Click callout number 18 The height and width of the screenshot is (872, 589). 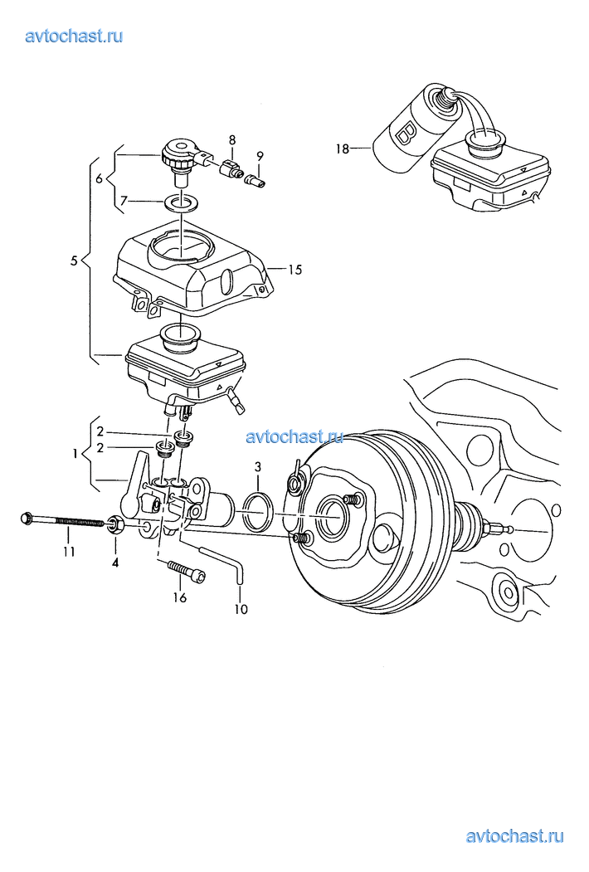(x=343, y=149)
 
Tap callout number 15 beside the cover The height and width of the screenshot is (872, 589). (x=295, y=270)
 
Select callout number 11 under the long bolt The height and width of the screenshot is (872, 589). (x=68, y=552)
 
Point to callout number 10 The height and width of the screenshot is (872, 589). (x=241, y=609)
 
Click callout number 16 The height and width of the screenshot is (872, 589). (x=180, y=598)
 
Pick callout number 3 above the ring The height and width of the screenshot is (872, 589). (x=257, y=467)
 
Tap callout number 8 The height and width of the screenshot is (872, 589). (x=232, y=139)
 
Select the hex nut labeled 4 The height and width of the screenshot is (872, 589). (x=114, y=524)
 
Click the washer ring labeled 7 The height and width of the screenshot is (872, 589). (x=183, y=203)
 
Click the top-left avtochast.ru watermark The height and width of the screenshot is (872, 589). (x=74, y=37)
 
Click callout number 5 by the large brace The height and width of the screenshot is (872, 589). (x=74, y=261)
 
